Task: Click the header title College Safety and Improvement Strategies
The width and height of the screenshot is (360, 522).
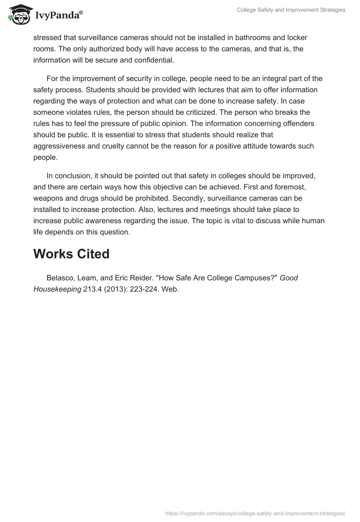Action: pyautogui.click(x=291, y=10)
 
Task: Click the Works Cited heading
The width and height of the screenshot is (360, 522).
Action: pyautogui.click(x=71, y=254)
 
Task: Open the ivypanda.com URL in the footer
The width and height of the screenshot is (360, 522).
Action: pyautogui.click(x=255, y=513)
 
